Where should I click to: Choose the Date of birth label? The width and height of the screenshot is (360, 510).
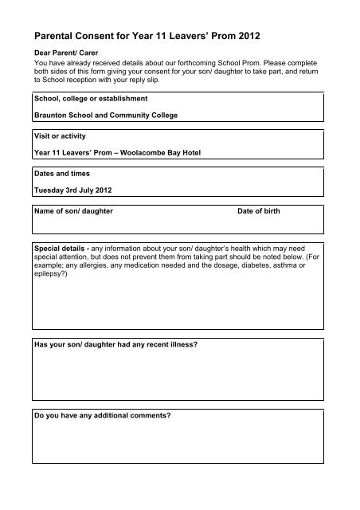259,213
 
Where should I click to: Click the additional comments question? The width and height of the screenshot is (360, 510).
102,415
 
